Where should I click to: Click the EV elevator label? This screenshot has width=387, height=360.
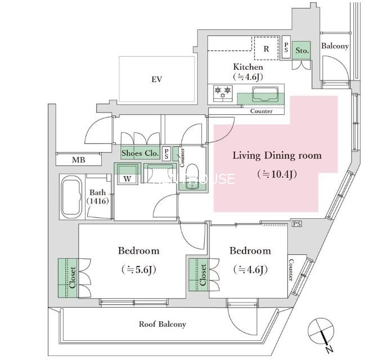click(x=156, y=79)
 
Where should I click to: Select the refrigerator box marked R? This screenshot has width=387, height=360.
click(x=265, y=49)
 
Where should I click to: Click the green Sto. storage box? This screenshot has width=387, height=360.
click(x=302, y=49)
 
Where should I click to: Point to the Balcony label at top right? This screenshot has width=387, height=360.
click(x=335, y=46)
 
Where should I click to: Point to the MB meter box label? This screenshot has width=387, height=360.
click(x=79, y=160)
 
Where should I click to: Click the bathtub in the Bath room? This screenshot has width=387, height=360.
click(x=73, y=197)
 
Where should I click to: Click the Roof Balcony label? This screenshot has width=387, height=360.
click(x=163, y=324)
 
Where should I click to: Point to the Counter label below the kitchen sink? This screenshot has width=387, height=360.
click(x=262, y=111)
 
